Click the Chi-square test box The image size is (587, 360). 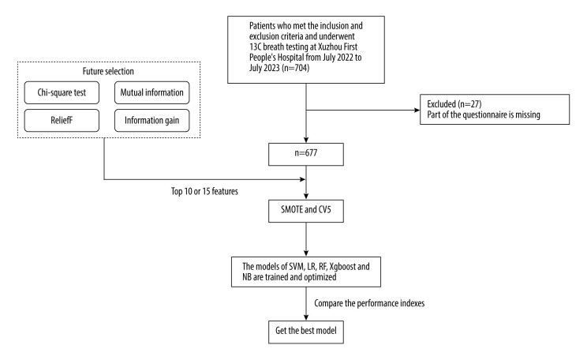[62, 92]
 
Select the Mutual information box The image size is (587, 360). [152, 92]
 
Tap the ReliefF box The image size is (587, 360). [62, 120]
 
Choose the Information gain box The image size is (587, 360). [152, 120]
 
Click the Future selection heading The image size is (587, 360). [108, 71]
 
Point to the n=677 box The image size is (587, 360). [306, 154]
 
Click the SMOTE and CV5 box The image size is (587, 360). [306, 211]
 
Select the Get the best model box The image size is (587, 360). [306, 332]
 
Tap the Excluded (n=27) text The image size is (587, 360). [454, 103]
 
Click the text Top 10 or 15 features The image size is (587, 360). [204, 191]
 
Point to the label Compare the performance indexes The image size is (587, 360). [369, 303]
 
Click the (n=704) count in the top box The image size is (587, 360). [295, 68]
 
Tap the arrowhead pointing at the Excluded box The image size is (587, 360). [417, 111]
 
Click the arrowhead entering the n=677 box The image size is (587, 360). [306, 140]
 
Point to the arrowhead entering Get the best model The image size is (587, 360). [306, 317]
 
